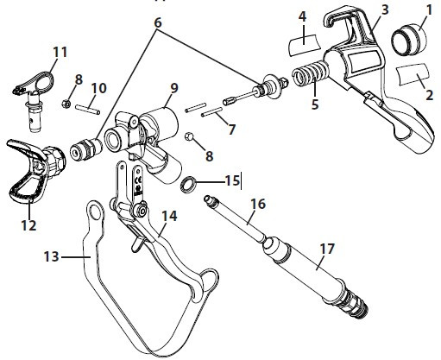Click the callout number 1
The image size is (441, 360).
click(x=429, y=10)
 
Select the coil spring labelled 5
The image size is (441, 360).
click(x=310, y=73)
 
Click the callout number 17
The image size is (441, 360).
click(x=326, y=249)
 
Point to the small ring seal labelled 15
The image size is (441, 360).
click(x=188, y=183)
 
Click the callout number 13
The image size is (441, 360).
click(x=51, y=256)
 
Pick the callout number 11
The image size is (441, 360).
click(x=60, y=53)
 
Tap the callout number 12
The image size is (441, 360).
click(x=28, y=225)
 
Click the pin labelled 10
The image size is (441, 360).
click(x=87, y=110)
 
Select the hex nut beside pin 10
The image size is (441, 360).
click(x=66, y=104)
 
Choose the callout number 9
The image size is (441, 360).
click(x=174, y=89)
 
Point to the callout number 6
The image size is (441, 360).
click(x=158, y=22)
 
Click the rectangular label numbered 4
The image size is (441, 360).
click(x=304, y=44)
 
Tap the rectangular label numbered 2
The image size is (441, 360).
click(x=413, y=74)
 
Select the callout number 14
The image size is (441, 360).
click(x=169, y=216)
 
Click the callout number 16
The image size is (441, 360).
click(x=258, y=204)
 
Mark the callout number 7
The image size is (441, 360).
click(x=231, y=129)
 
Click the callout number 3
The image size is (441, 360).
click(x=385, y=9)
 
